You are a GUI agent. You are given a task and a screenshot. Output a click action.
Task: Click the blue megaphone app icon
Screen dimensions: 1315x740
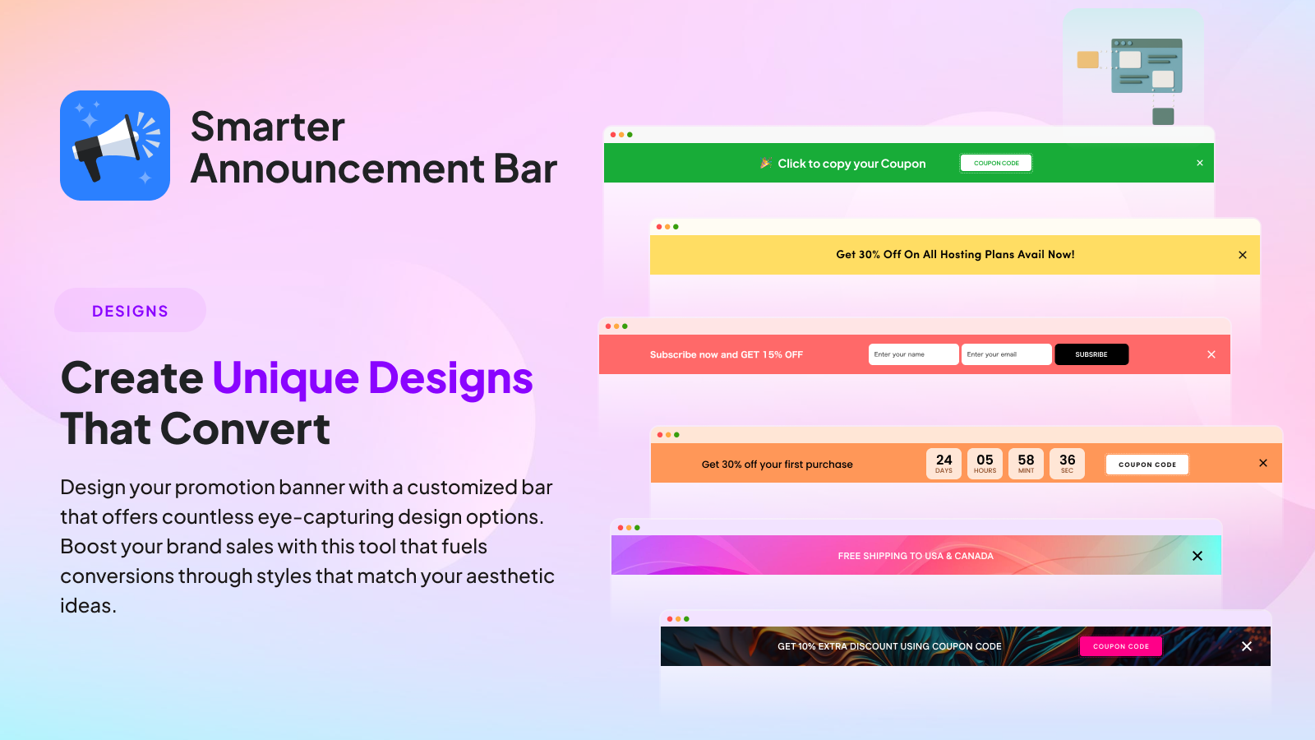[x=115, y=145]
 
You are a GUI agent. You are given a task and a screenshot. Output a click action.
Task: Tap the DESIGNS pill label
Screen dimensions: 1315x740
[x=131, y=311]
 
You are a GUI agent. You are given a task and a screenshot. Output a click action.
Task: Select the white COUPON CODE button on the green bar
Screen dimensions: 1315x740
[x=995, y=164]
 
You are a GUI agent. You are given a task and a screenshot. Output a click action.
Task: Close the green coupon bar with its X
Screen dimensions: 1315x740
[x=1200, y=164]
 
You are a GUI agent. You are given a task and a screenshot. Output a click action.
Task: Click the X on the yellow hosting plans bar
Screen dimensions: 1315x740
[x=1242, y=255]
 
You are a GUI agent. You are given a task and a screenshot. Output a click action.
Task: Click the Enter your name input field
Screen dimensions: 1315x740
[x=913, y=354]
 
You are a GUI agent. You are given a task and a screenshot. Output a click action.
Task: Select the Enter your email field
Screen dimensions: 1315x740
[x=1006, y=354]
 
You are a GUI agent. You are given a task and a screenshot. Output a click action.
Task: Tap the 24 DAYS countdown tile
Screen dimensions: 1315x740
[x=944, y=464]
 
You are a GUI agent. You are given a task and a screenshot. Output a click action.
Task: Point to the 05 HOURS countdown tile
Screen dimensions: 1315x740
[x=985, y=464]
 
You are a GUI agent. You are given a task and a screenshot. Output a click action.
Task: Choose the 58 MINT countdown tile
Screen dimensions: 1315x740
[x=1026, y=464]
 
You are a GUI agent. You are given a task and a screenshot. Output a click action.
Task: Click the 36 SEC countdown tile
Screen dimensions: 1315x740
[x=1067, y=464]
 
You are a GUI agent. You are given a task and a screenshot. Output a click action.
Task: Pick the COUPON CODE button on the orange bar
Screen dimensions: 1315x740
[x=1147, y=464]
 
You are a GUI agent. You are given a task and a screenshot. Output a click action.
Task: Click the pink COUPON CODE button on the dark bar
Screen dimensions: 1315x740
[x=1121, y=646]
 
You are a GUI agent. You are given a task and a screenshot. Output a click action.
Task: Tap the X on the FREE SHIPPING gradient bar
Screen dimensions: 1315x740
[x=1197, y=556]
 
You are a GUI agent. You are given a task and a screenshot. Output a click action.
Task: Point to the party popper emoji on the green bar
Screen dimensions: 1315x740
[x=765, y=163]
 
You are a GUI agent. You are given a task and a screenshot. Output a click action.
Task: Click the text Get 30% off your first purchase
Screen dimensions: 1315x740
[x=777, y=465]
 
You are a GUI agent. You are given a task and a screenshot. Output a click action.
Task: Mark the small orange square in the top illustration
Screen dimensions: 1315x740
[x=1088, y=60]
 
